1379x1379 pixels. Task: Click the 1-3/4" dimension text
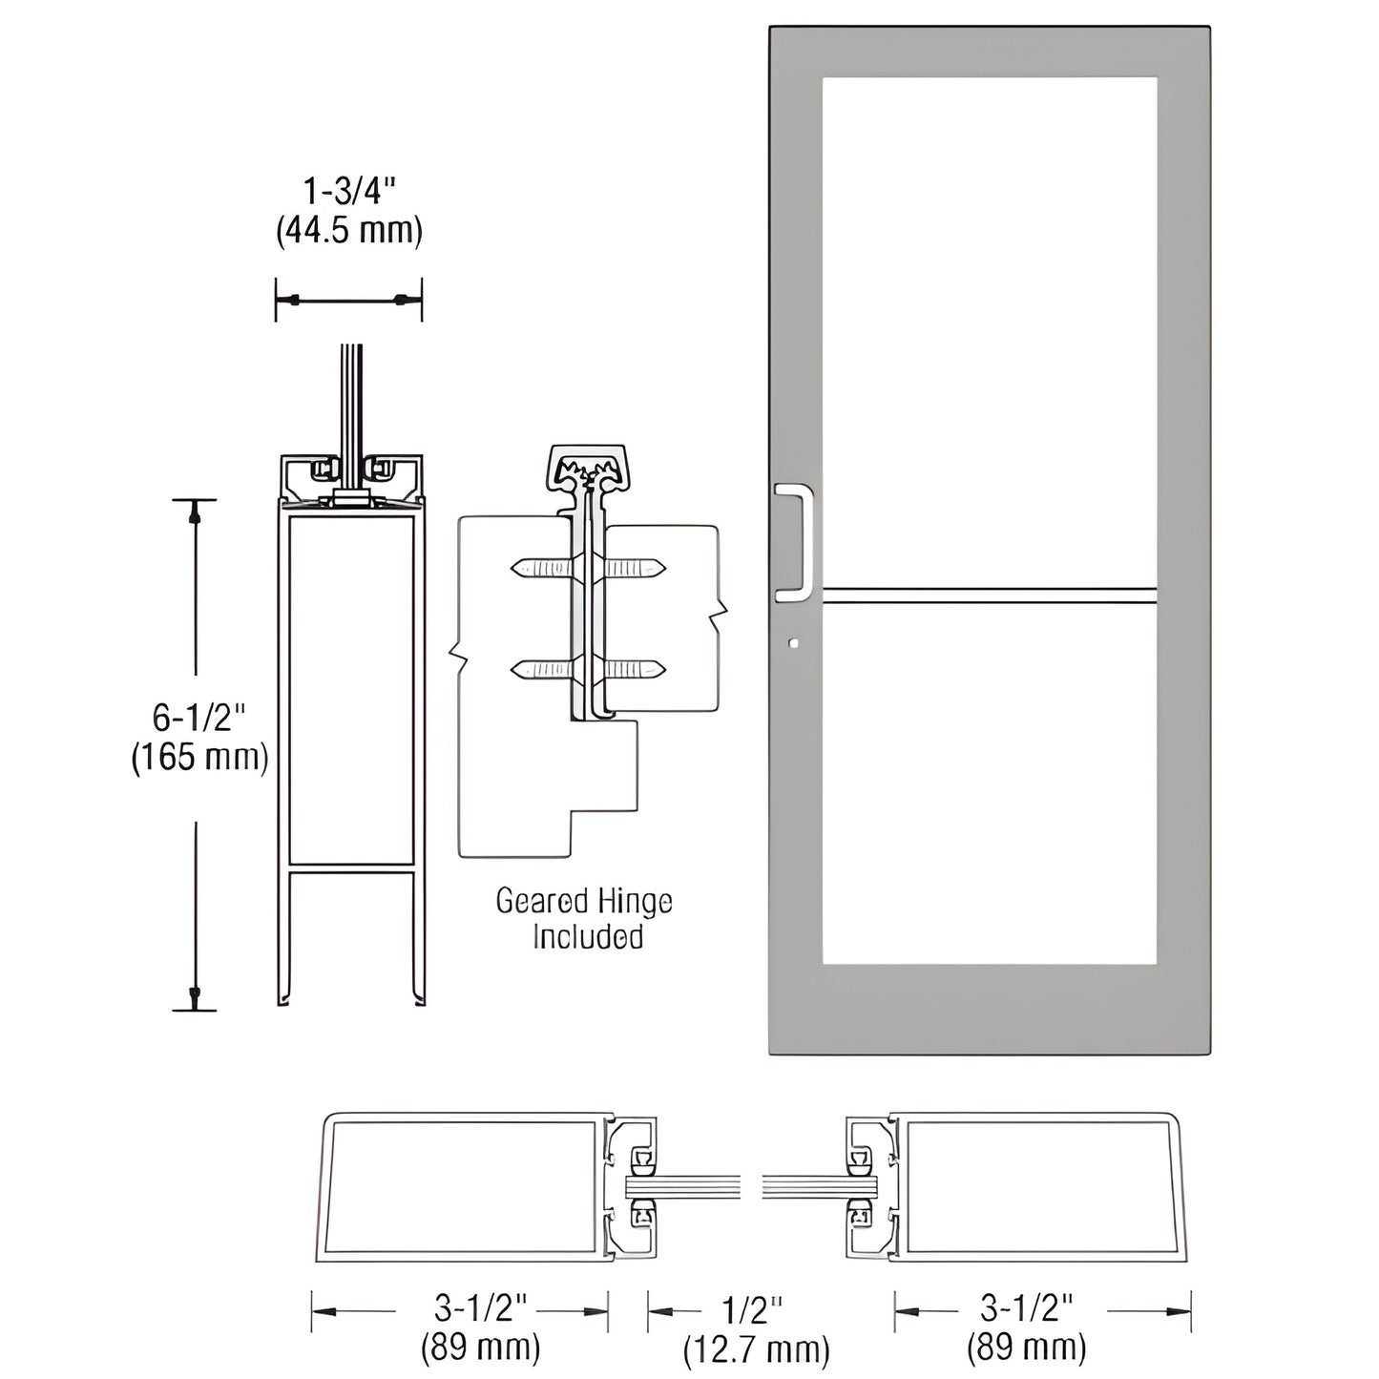[348, 192]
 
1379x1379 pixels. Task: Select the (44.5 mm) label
[348, 231]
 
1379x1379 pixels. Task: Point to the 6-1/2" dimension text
[199, 716]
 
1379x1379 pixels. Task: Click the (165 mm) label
[199, 757]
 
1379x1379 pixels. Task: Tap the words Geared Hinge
[584, 901]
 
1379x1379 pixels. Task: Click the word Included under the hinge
[587, 937]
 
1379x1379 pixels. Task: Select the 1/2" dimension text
[754, 1309]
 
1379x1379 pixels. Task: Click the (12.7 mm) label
[756, 1349]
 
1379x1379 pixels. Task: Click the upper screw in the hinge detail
[588, 570]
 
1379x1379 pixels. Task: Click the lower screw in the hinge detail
[588, 670]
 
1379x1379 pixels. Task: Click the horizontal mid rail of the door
[990, 595]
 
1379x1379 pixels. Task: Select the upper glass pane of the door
[990, 329]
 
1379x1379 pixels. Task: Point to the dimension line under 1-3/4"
[348, 301]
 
